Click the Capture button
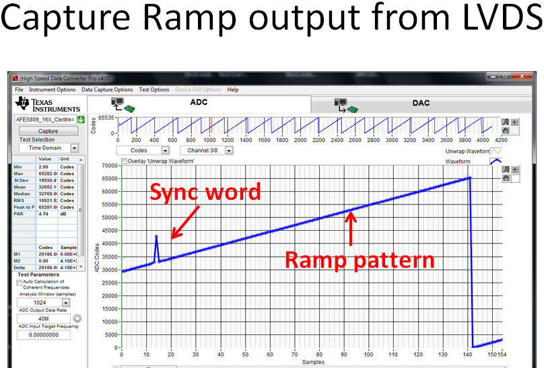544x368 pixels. tap(48, 131)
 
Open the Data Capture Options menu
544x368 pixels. tap(107, 89)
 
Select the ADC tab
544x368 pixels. tap(199, 103)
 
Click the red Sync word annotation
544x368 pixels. tap(205, 192)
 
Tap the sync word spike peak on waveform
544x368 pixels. tap(157, 236)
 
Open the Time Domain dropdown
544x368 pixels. tap(74, 148)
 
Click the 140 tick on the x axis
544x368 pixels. tap(469, 355)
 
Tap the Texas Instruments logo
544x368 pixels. tap(48, 104)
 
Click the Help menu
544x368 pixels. tap(232, 89)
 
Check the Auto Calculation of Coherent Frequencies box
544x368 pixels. tap(19, 283)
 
